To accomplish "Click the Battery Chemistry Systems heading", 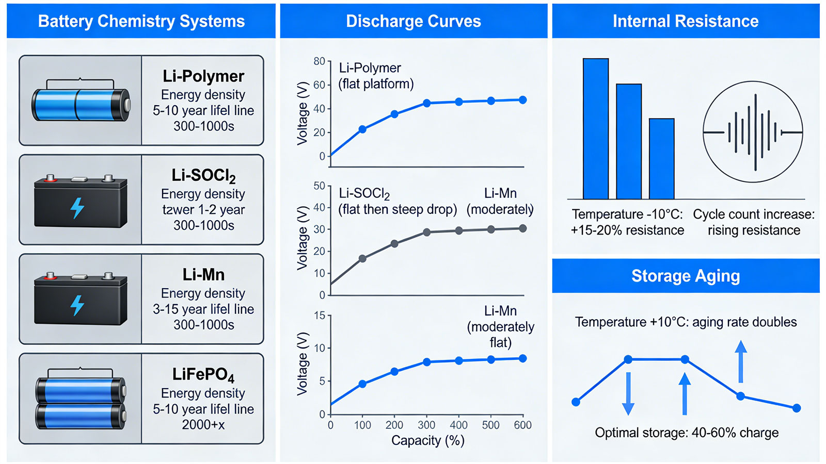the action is click(141, 21).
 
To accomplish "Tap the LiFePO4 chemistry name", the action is click(203, 375).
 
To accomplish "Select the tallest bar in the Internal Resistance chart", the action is click(596, 128).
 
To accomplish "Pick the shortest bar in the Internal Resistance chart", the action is click(661, 159).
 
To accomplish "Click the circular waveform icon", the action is click(753, 132).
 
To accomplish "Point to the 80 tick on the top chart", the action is click(319, 61).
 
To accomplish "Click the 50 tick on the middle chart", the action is click(319, 186).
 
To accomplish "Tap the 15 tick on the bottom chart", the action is click(320, 315).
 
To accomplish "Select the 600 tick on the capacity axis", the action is click(522, 425).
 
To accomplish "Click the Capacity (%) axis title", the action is click(428, 440).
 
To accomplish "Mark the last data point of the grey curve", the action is click(522, 228).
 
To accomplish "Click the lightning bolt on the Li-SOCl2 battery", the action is click(77, 208).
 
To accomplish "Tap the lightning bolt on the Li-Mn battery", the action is click(77, 305).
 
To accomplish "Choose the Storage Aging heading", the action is click(686, 276).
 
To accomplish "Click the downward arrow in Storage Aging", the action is click(628, 394).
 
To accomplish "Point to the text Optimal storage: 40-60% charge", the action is click(687, 433).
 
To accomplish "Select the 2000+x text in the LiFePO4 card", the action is click(203, 425).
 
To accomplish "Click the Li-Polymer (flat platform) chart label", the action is click(376, 76).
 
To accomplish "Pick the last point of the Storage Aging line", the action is click(797, 408).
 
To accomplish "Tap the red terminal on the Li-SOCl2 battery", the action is click(50, 179).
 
